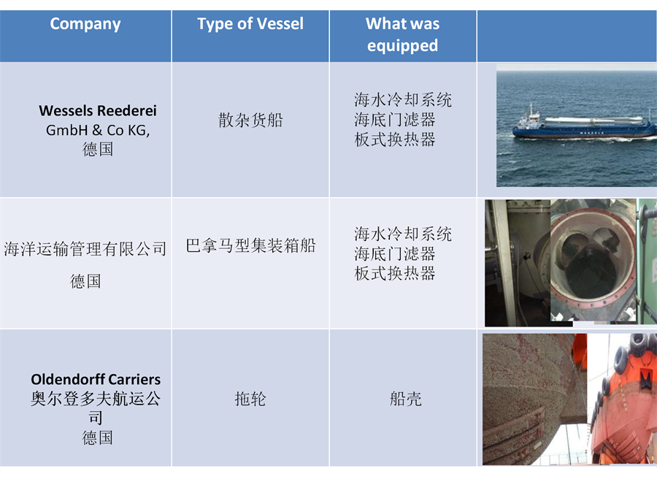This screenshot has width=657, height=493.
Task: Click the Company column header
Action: pos(85,24)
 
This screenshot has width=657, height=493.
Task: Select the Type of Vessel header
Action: pos(250,24)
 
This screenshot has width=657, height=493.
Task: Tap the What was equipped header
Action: pos(403,34)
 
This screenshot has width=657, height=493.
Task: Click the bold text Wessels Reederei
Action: pos(98,111)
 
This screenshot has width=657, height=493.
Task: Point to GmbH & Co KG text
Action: pos(98,131)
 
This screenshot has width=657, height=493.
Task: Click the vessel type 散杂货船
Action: pos(250,121)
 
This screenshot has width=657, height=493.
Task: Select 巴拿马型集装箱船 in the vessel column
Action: pos(250,245)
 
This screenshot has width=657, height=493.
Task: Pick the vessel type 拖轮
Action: pos(250,399)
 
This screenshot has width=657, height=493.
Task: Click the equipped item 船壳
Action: pos(406,399)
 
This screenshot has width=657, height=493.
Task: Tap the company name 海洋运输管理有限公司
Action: pos(85,249)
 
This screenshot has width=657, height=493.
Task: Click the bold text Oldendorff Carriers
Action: pos(96,379)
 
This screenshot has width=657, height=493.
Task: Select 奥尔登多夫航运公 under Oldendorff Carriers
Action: pos(96,399)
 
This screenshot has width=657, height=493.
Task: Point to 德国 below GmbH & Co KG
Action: pos(98,149)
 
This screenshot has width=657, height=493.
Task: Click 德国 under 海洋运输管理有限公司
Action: pos(85,281)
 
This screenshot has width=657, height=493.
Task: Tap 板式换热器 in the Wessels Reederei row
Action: pos(395,140)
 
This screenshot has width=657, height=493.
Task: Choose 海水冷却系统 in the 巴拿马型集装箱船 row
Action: pos(403,234)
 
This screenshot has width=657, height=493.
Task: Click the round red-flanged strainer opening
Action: pos(593,261)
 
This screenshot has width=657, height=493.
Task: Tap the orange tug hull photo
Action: pos(622,399)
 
